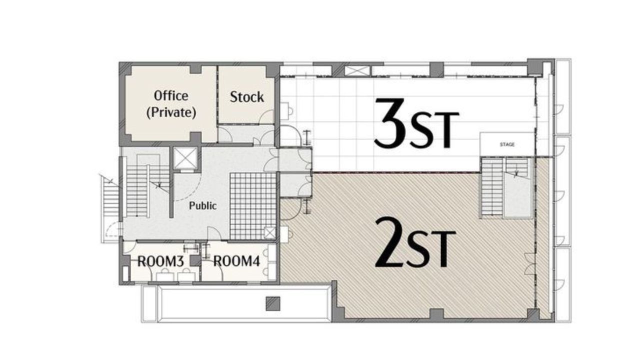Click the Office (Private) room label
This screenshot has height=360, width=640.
pyautogui.click(x=171, y=104)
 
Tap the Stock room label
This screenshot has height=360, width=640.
pyautogui.click(x=247, y=97)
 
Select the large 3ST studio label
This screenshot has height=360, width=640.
pyautogui.click(x=417, y=123)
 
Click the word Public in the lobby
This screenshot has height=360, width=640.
pyautogui.click(x=203, y=205)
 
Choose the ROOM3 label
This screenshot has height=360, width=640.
pyautogui.click(x=160, y=261)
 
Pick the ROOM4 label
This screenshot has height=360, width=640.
pyautogui.click(x=236, y=261)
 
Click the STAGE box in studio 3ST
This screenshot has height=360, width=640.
pyautogui.click(x=507, y=144)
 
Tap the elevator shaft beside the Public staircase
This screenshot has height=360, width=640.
pyautogui.click(x=185, y=158)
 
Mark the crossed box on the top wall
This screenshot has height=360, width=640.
pyautogui.click(x=357, y=70)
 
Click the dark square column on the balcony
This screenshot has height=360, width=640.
pyautogui.click(x=273, y=303)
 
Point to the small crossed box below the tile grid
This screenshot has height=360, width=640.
pyautogui.click(x=269, y=233)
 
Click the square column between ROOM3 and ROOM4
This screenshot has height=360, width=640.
pyautogui.click(x=195, y=260)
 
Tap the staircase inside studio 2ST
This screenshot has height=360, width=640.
pyautogui.click(x=505, y=187)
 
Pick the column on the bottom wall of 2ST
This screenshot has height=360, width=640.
pyautogui.click(x=436, y=314)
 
